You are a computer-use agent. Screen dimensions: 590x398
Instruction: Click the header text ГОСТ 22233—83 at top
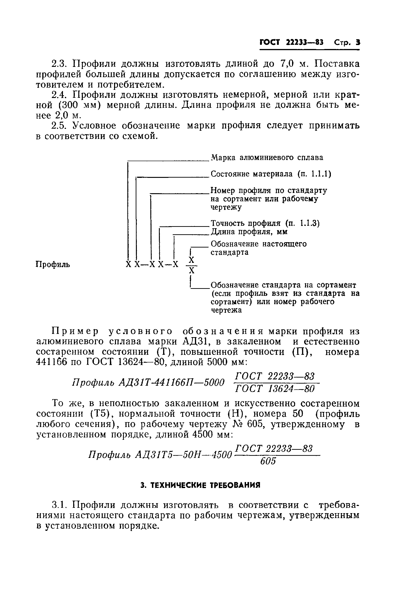coord(291,42)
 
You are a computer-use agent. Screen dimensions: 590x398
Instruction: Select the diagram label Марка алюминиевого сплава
coord(267,157)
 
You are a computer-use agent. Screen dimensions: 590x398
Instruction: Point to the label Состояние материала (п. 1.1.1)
coord(271,174)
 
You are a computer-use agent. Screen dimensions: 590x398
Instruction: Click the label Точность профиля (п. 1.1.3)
coord(265,223)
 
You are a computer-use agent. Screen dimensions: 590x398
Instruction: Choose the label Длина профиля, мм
coord(249,232)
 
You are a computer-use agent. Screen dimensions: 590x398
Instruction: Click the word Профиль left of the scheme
coord(53,264)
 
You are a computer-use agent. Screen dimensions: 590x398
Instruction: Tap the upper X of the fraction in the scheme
coord(192,260)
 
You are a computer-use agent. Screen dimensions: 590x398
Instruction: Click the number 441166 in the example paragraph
coord(52,362)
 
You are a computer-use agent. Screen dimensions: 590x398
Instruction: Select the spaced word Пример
coord(75,331)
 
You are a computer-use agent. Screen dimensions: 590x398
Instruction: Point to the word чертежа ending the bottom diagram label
coord(226,310)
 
